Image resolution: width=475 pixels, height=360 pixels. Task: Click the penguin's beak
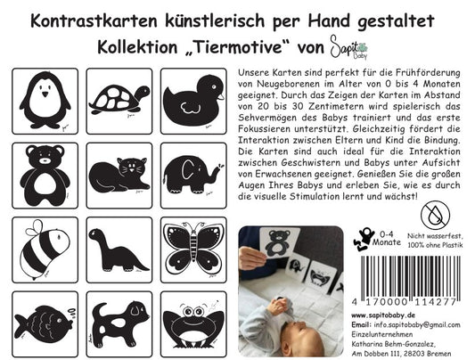click(45, 94)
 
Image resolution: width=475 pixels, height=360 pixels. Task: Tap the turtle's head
click(143, 92)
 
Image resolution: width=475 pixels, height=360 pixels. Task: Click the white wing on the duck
click(190, 108)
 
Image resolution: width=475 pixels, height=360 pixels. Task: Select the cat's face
click(131, 167)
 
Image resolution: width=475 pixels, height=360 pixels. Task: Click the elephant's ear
click(188, 170)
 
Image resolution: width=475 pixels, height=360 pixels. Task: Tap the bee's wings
click(35, 229)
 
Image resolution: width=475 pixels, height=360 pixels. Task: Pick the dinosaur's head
click(96, 234)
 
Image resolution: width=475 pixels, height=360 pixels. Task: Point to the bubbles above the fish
click(72, 313)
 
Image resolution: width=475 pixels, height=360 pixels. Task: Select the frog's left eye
click(187, 312)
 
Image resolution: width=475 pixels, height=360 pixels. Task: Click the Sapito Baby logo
click(348, 47)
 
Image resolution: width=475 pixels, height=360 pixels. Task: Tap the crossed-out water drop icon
click(435, 216)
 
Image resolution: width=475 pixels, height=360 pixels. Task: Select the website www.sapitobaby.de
click(383, 315)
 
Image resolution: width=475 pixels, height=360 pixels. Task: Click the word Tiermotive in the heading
click(237, 47)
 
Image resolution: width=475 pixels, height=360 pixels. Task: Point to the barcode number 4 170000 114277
click(404, 302)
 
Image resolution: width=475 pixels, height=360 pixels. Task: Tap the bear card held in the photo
click(279, 243)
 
